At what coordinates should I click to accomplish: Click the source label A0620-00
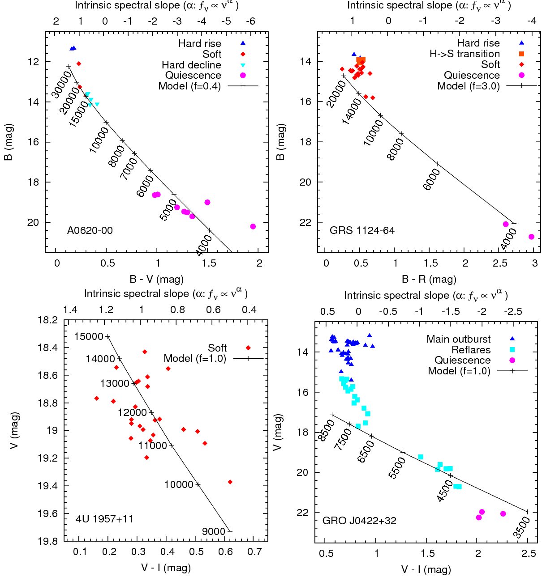[x=90, y=230]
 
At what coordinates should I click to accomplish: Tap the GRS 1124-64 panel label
[x=362, y=230]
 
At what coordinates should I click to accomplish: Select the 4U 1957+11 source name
[x=104, y=519]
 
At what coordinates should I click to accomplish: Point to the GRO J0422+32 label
[x=359, y=521]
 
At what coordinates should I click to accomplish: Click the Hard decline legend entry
[x=191, y=65]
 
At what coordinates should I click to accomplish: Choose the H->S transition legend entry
[x=465, y=54]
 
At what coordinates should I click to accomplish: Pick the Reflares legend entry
[x=471, y=350]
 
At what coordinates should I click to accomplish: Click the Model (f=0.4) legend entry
[x=189, y=86]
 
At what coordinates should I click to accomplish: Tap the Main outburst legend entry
[x=458, y=339]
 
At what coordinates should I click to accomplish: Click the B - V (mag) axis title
[x=157, y=280]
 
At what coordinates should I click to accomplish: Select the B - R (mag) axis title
[x=429, y=280]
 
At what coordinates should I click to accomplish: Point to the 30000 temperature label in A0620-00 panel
[x=61, y=85]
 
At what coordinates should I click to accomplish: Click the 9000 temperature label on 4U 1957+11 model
[x=213, y=531]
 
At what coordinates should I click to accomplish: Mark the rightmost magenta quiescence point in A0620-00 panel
[x=253, y=226]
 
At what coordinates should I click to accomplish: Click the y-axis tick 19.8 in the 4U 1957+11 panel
[x=47, y=541]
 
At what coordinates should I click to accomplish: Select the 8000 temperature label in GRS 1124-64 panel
[x=395, y=149]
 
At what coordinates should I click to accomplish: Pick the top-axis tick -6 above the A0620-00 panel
[x=251, y=21]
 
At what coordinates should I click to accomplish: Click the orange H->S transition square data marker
[x=361, y=60]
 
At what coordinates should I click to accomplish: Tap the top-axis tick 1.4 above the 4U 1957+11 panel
[x=70, y=310]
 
